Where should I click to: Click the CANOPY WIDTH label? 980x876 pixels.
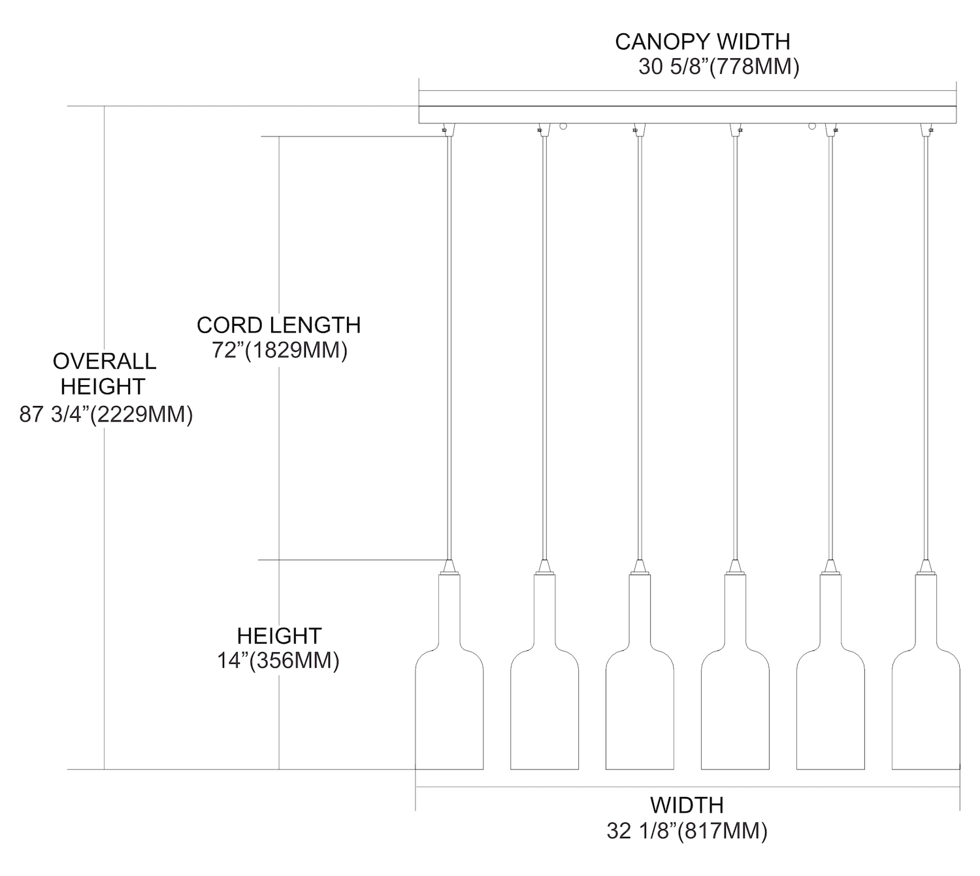click(702, 42)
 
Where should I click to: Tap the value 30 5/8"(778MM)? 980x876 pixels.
click(719, 67)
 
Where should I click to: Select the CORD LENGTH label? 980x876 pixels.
click(278, 325)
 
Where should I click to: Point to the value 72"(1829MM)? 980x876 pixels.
click(279, 351)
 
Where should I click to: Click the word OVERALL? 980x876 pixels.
click(105, 361)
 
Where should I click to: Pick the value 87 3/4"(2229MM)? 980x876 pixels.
click(106, 415)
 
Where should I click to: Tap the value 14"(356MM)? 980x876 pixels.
click(278, 661)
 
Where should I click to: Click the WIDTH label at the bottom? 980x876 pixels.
click(687, 805)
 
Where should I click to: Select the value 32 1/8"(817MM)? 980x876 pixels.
click(687, 831)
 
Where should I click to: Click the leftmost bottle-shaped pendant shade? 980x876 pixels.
click(449, 705)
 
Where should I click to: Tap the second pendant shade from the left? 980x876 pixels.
click(545, 705)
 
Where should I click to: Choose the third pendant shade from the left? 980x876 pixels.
click(640, 705)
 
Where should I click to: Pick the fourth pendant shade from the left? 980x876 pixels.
click(735, 705)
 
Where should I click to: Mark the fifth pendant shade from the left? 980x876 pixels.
click(830, 705)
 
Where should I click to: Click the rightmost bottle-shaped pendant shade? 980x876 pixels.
click(925, 705)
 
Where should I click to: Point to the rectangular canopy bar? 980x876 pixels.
click(687, 114)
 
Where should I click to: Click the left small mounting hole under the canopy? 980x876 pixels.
click(563, 125)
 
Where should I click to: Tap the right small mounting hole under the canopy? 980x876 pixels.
click(812, 125)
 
